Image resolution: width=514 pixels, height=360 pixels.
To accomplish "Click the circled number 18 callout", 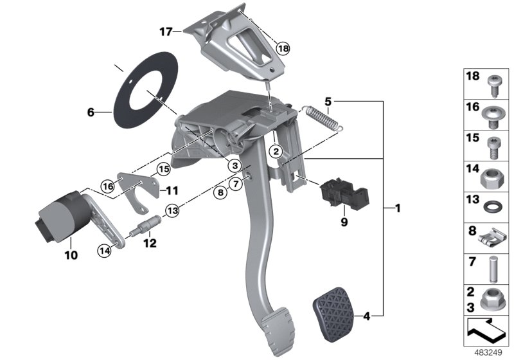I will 283,48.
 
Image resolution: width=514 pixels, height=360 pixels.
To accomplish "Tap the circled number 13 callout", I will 172,209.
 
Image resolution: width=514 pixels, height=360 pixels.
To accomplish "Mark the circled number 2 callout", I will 276,152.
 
